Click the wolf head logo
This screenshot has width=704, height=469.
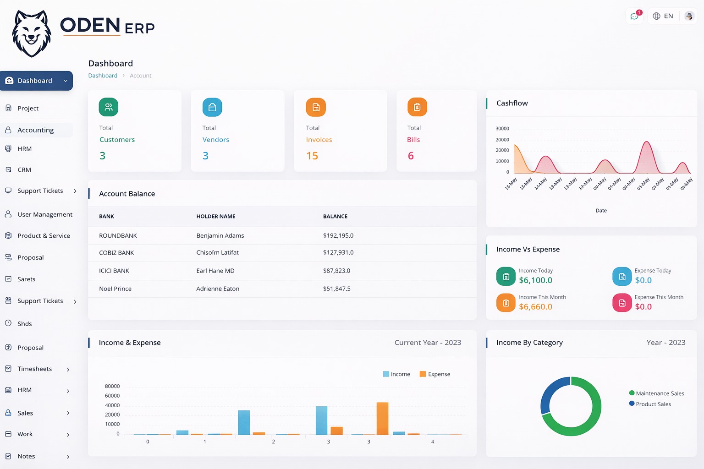click(x=31, y=34)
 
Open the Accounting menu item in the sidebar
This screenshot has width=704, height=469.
click(x=36, y=130)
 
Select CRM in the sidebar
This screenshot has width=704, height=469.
click(x=24, y=170)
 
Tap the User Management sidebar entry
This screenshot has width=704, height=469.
click(x=44, y=214)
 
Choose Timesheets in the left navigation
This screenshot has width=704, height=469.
click(x=35, y=369)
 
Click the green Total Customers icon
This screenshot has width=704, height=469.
click(x=109, y=107)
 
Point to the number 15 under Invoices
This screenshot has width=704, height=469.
click(x=312, y=156)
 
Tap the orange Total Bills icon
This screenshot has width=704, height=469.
click(x=417, y=107)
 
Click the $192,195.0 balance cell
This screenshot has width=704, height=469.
click(x=338, y=236)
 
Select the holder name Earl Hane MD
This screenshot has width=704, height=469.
click(x=215, y=271)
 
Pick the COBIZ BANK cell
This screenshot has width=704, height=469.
click(x=116, y=253)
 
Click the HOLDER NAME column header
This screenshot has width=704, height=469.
click(x=216, y=217)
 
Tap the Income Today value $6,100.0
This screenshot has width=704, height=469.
click(x=535, y=280)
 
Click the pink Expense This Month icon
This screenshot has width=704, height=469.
click(x=622, y=303)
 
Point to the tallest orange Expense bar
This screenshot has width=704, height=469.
click(x=382, y=418)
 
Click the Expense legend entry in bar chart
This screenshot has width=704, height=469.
click(x=435, y=374)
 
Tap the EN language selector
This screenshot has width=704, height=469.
click(x=663, y=16)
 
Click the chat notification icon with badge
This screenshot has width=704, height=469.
click(x=634, y=16)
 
